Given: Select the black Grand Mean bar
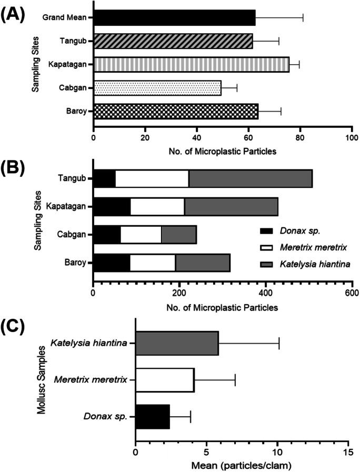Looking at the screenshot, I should [x=174, y=17].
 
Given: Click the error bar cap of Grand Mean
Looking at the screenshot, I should [x=303, y=17].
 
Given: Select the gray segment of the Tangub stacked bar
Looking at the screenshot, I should [x=250, y=178].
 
